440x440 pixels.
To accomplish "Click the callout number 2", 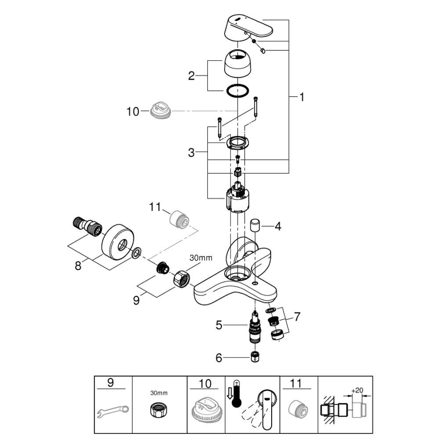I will [x=191, y=76].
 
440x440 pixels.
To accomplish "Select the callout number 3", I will [x=191, y=152].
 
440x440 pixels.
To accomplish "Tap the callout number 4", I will [x=277, y=226].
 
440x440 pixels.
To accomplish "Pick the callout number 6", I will [x=219, y=358].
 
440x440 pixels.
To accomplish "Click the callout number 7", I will [x=297, y=316].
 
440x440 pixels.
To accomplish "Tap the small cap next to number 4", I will [x=255, y=224].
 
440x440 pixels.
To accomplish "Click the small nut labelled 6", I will [x=255, y=357].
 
